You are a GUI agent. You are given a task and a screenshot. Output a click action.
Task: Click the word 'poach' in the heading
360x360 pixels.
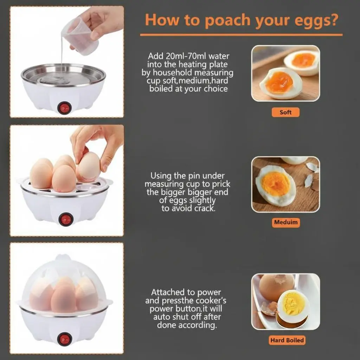coord(227,20)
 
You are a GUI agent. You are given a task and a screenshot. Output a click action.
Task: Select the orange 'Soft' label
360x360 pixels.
coord(285,112)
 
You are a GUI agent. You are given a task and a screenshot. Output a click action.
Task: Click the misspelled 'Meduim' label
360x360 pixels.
coord(286,222)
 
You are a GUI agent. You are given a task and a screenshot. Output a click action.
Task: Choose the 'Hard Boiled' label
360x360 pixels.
coord(287,340)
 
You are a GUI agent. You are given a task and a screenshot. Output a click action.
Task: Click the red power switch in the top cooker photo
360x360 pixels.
coord(64,108)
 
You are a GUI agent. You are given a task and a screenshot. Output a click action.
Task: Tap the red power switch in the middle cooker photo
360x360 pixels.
coord(65,219)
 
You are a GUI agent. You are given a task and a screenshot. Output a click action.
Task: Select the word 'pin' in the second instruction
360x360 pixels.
coord(194,176)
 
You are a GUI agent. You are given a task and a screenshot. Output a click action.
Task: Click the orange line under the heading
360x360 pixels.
coord(241,35)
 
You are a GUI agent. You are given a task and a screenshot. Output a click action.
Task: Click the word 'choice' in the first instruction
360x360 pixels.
coord(216,89)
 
